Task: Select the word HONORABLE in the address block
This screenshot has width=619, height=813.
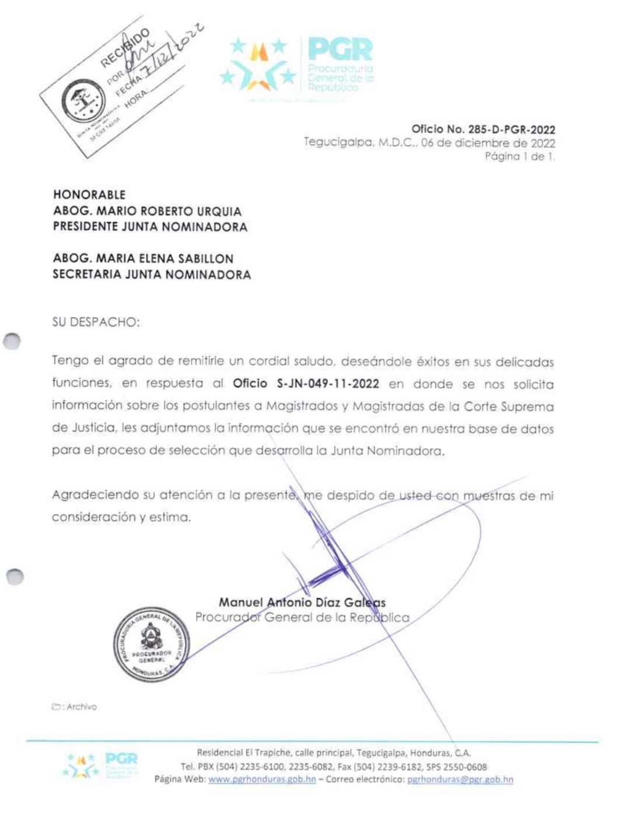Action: pos(89,195)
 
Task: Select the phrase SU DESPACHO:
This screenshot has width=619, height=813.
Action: pos(96,322)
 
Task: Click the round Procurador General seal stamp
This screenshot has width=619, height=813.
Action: pos(151,645)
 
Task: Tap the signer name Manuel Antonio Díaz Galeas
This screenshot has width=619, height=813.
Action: pos(302,603)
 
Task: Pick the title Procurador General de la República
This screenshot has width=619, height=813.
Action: pos(302,618)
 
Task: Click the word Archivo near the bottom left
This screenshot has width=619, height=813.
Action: pos(81,707)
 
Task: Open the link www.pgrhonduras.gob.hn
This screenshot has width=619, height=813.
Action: pos(262,779)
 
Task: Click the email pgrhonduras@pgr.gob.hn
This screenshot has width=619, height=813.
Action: pos(460,779)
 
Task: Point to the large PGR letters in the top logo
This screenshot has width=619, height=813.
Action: pos(340,50)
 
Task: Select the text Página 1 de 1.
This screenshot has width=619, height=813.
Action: pos(520,156)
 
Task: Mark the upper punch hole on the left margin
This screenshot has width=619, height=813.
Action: pos(12,341)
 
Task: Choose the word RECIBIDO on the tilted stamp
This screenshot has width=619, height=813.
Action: pos(125,48)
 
